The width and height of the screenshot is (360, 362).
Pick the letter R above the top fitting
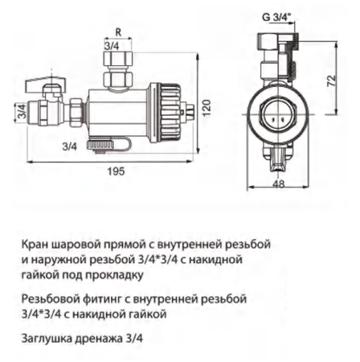pyautogui.click(x=118, y=33)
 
